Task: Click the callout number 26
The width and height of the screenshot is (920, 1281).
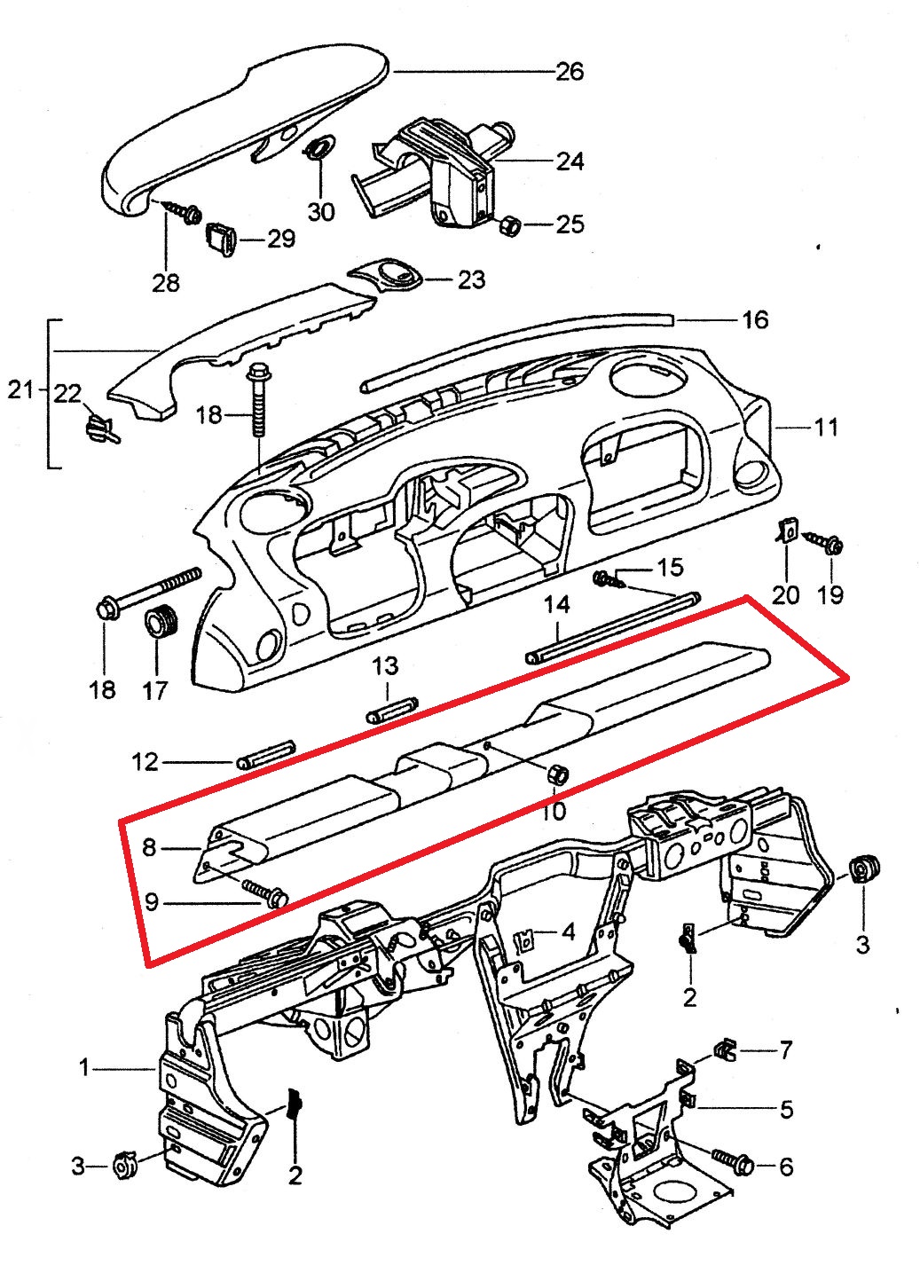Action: pyautogui.click(x=570, y=71)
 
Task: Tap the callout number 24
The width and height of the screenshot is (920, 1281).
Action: pyautogui.click(x=570, y=161)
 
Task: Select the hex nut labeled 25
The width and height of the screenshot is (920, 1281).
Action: pyautogui.click(x=510, y=225)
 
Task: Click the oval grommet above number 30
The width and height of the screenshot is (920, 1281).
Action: pyautogui.click(x=321, y=150)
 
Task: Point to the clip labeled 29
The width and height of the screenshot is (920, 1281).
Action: pyautogui.click(x=222, y=238)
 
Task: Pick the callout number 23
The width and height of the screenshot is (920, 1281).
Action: pyautogui.click(x=471, y=280)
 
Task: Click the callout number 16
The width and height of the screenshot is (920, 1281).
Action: pyautogui.click(x=755, y=319)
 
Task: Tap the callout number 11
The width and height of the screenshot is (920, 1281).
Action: pyautogui.click(x=826, y=428)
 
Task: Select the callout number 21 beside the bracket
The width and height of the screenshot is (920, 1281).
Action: pyautogui.click(x=20, y=389)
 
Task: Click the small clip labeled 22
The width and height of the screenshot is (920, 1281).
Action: pyautogui.click(x=100, y=426)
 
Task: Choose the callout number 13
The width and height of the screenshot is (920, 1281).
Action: pyautogui.click(x=385, y=665)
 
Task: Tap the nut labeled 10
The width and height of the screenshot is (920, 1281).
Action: pyautogui.click(x=558, y=773)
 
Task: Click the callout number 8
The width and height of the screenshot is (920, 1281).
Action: pyautogui.click(x=149, y=848)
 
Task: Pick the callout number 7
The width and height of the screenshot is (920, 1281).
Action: pyautogui.click(x=785, y=1051)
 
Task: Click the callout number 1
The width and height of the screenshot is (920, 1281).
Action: pyautogui.click(x=84, y=1068)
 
